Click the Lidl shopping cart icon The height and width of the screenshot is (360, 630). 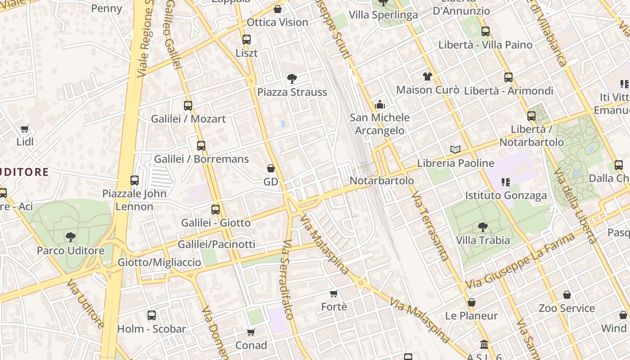point(25,129)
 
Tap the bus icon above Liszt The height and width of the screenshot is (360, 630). point(246,40)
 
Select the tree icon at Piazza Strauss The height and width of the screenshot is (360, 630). point(292,79)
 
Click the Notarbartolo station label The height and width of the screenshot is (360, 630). point(382,180)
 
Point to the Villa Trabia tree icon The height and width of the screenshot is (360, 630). point(483,227)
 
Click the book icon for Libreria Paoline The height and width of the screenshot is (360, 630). point(455,149)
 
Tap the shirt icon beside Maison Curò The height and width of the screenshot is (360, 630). point(427,76)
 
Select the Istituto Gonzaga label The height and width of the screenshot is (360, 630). point(506,195)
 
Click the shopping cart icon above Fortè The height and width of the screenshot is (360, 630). point(334,294)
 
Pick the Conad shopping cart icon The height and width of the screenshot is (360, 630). point(251,333)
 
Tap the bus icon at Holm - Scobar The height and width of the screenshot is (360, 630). point(152,315)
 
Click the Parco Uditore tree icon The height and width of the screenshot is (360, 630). point(70,237)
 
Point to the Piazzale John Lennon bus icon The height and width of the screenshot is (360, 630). point(135,180)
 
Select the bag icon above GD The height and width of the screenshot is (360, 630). point(271,168)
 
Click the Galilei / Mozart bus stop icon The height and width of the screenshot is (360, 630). point(188,106)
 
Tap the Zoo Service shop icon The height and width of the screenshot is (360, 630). point(567,295)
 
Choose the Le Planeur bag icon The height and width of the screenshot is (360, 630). point(471,302)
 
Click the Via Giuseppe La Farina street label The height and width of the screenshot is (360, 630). point(520,261)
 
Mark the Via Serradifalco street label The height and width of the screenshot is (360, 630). point(288,279)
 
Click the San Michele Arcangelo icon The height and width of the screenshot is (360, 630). point(380,105)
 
